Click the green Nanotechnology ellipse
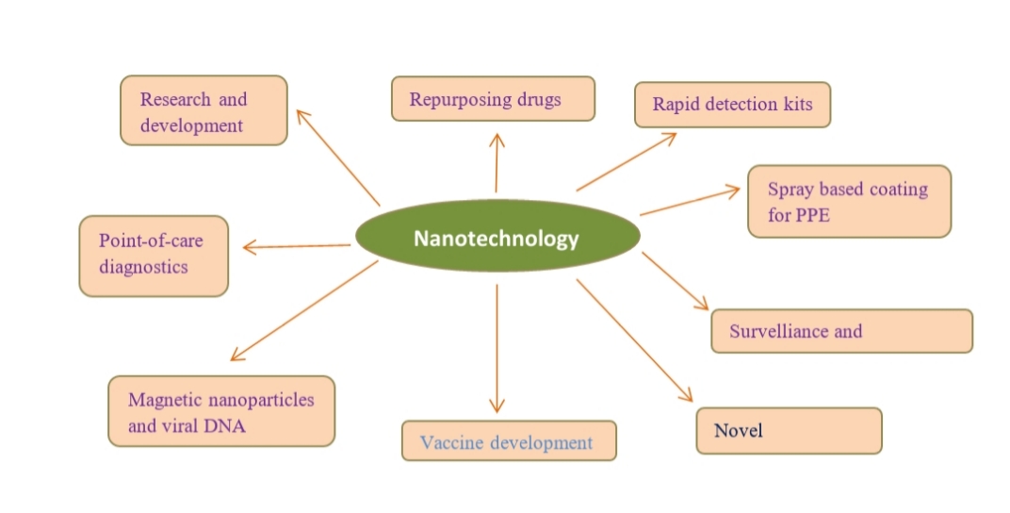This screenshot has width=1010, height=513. click(496, 239)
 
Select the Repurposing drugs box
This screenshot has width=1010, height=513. click(493, 99)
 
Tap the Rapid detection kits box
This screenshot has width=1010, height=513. click(731, 105)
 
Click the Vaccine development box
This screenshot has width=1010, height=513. click(509, 441)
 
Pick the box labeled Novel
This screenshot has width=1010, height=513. click(789, 431)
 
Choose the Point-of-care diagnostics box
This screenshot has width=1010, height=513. click(154, 256)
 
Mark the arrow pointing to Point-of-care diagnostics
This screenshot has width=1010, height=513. click(297, 247)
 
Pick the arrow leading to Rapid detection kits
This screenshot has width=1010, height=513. click(626, 162)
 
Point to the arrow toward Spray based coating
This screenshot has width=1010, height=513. click(690, 202)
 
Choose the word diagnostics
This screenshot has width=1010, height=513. click(144, 267)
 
